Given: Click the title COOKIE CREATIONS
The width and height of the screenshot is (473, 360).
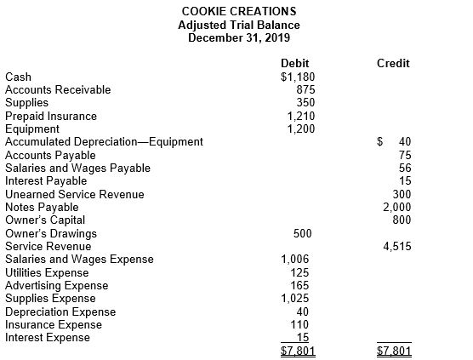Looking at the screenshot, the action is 239,11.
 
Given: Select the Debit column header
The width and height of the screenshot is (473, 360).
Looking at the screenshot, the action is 294,63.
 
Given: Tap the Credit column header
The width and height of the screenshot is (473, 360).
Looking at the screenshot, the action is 392,63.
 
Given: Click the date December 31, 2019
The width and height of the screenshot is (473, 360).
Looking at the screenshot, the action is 239,37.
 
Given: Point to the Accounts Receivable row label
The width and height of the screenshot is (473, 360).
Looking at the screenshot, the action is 58,89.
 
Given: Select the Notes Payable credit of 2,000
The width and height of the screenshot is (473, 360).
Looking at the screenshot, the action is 396,207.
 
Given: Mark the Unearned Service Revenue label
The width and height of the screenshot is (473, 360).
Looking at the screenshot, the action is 75,194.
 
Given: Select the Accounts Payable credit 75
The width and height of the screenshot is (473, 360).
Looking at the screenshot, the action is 404,155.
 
